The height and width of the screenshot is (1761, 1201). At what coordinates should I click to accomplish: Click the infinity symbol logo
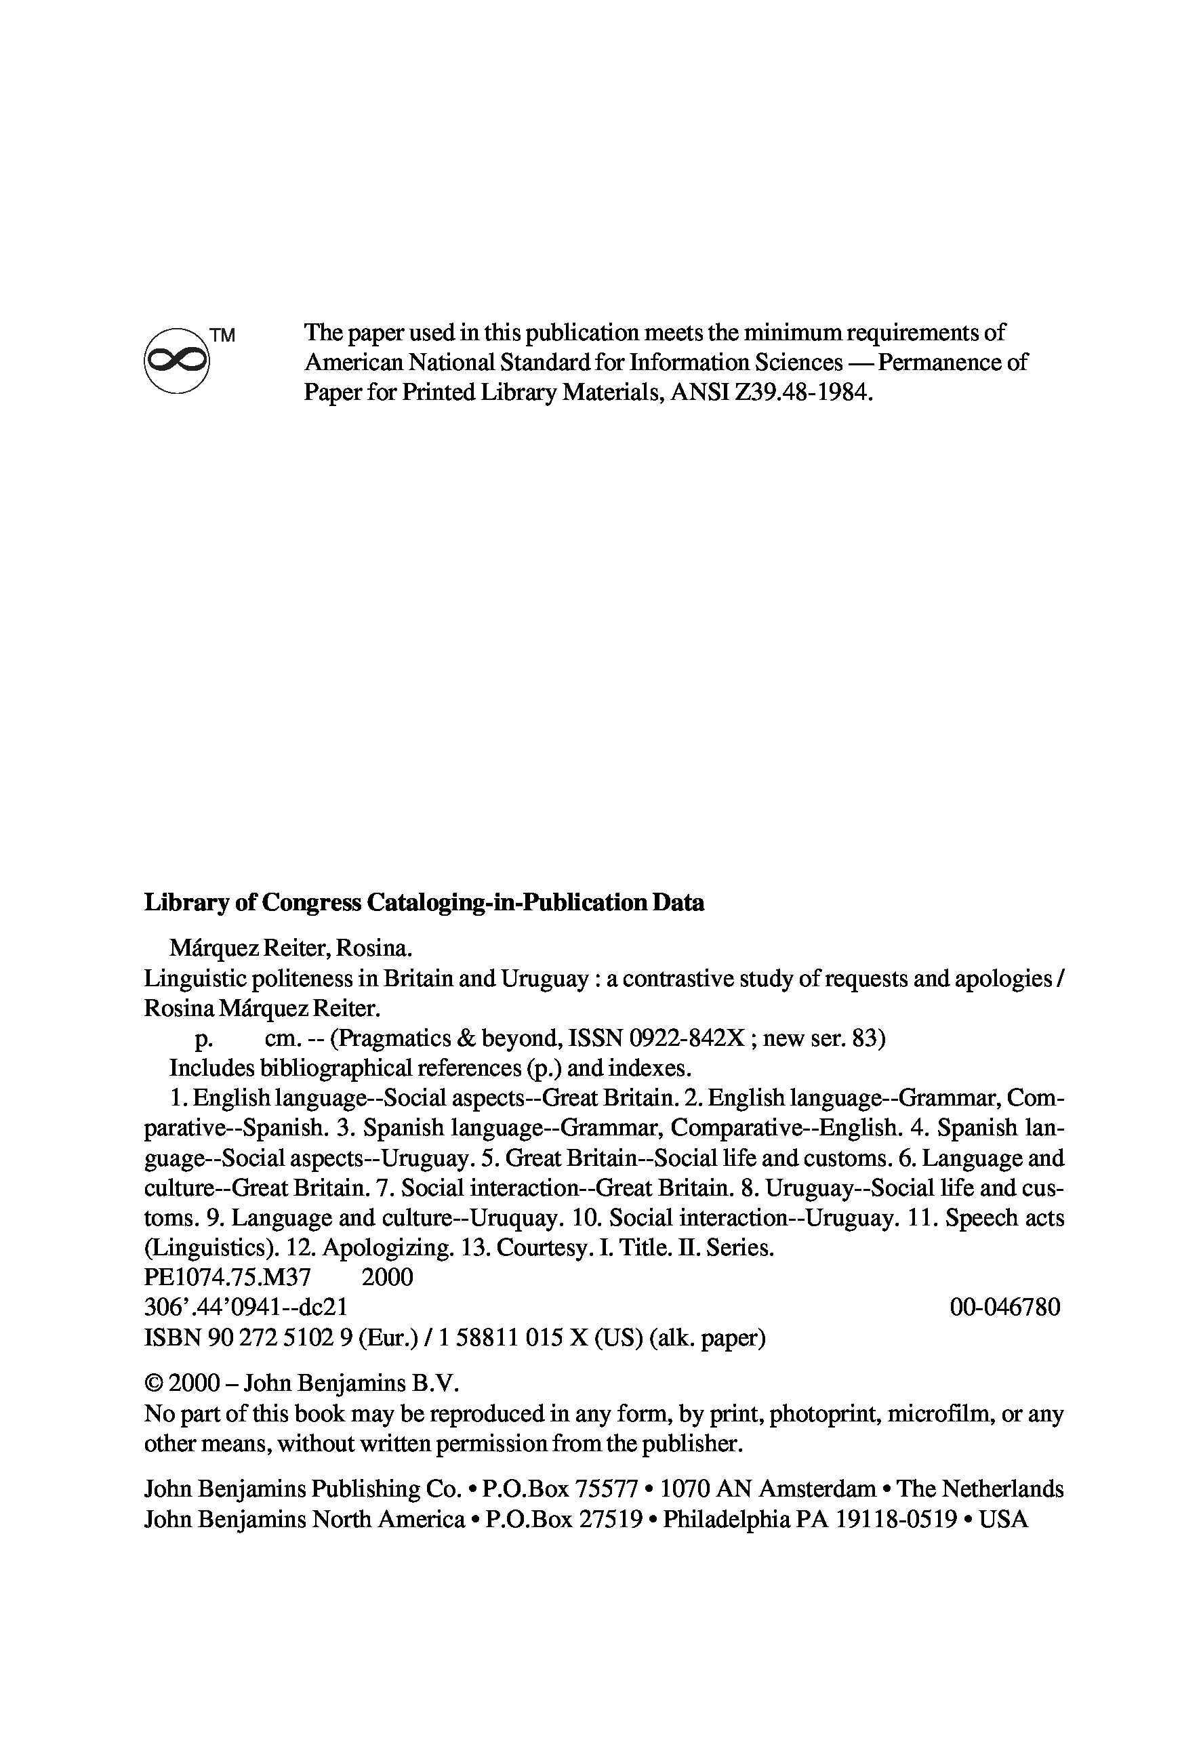pyautogui.click(x=176, y=360)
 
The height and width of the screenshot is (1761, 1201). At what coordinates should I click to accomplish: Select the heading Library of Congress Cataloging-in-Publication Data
pyautogui.click(x=424, y=902)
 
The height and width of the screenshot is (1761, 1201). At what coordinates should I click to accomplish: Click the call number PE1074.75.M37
pyautogui.click(x=227, y=1278)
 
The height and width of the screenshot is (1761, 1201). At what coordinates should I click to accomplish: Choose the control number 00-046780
pyautogui.click(x=1004, y=1307)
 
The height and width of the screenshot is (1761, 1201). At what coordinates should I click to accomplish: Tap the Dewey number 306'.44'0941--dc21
pyautogui.click(x=245, y=1307)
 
